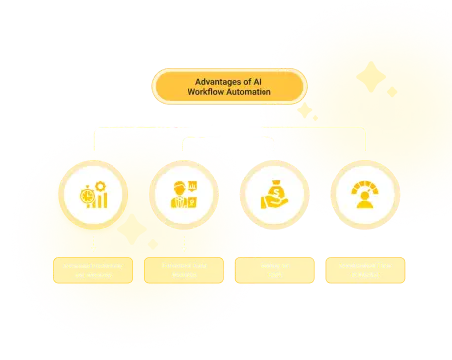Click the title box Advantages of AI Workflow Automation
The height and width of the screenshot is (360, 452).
click(x=228, y=86)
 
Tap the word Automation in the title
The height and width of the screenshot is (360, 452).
click(x=249, y=92)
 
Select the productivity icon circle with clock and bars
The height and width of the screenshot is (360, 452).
click(x=93, y=194)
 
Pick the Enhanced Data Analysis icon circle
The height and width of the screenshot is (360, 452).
click(x=184, y=194)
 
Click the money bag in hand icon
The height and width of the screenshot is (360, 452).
click(x=273, y=194)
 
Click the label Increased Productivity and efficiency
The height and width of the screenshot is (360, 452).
click(x=93, y=270)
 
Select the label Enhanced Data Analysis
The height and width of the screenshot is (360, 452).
click(x=184, y=270)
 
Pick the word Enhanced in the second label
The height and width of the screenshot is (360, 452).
click(x=174, y=265)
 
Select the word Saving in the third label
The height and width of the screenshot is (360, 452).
click(x=268, y=265)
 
